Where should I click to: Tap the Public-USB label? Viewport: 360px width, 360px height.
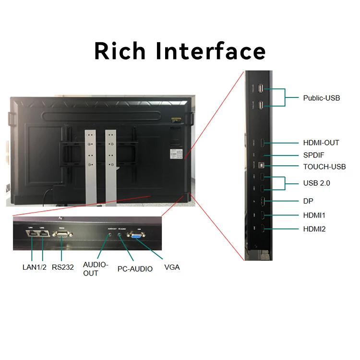321,98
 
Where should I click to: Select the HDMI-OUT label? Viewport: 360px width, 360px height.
321,143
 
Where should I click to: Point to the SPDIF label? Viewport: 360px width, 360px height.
314,156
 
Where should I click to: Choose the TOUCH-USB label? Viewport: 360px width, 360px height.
324,167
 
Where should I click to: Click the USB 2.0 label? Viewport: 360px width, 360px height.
316,183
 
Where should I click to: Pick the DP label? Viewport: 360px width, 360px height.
308,201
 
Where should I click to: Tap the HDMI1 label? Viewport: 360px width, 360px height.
314,215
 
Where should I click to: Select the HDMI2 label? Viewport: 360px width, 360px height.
314,229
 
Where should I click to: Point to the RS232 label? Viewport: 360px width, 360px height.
63,267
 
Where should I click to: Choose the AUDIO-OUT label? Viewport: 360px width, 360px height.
96,269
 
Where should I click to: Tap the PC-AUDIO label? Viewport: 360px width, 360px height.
135,269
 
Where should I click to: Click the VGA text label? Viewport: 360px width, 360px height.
172,267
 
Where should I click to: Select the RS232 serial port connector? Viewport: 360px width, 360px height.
62,234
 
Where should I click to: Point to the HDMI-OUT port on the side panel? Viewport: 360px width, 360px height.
262,143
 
